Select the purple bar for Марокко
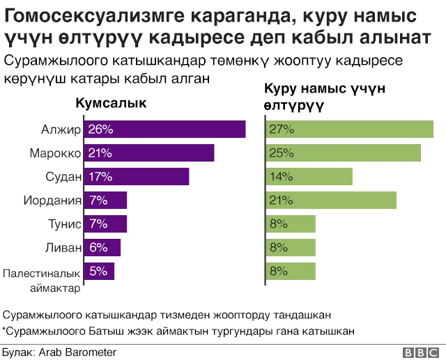pyautogui.click(x=149, y=153)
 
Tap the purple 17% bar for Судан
pyautogui.click(x=137, y=177)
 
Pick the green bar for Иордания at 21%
pyautogui.click(x=331, y=201)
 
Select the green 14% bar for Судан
pyautogui.click(x=309, y=177)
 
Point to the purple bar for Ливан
pyautogui.click(x=102, y=248)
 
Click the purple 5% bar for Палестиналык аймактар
pyautogui.click(x=99, y=272)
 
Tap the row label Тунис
pyautogui.click(x=65, y=224)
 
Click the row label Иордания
pyautogui.click(x=52, y=201)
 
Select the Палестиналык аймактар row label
pyautogui.click(x=43, y=280)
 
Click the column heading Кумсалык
pyautogui.click(x=111, y=104)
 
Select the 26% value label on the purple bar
pyautogui.click(x=100, y=130)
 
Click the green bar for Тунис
pyautogui.click(x=291, y=224)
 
